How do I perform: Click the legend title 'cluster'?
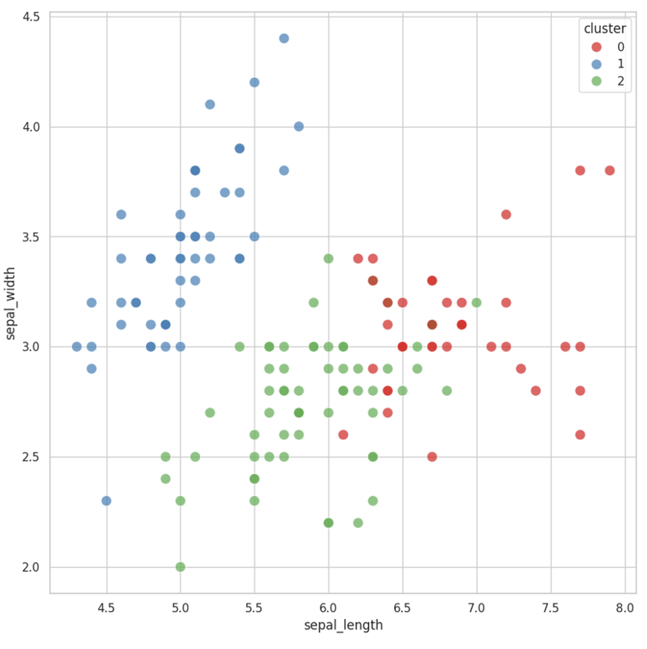point(604,28)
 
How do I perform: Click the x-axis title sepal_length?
point(343,626)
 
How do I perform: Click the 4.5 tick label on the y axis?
point(32,16)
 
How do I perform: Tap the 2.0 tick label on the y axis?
point(32,567)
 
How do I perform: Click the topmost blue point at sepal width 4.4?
point(284,38)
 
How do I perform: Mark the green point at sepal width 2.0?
point(180,567)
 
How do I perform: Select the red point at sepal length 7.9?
point(610,171)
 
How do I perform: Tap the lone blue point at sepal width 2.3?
point(106,501)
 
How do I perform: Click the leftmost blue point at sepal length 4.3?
point(76,347)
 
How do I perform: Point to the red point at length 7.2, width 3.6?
point(506,215)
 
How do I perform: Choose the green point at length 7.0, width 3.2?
point(476,302)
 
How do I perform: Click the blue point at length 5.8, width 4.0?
point(299,127)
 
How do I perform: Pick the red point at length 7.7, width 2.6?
point(580,435)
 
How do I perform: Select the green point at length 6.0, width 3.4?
point(329,258)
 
